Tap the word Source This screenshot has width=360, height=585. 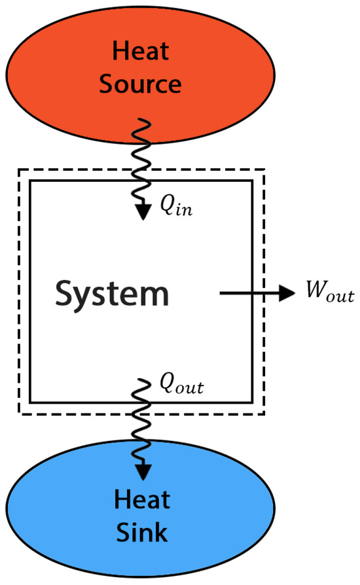[141, 84]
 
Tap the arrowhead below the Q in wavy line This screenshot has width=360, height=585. [142, 215]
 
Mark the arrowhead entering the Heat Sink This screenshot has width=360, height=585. [142, 470]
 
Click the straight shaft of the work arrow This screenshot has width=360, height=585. [249, 293]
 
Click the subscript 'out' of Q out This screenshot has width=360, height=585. [192, 388]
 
